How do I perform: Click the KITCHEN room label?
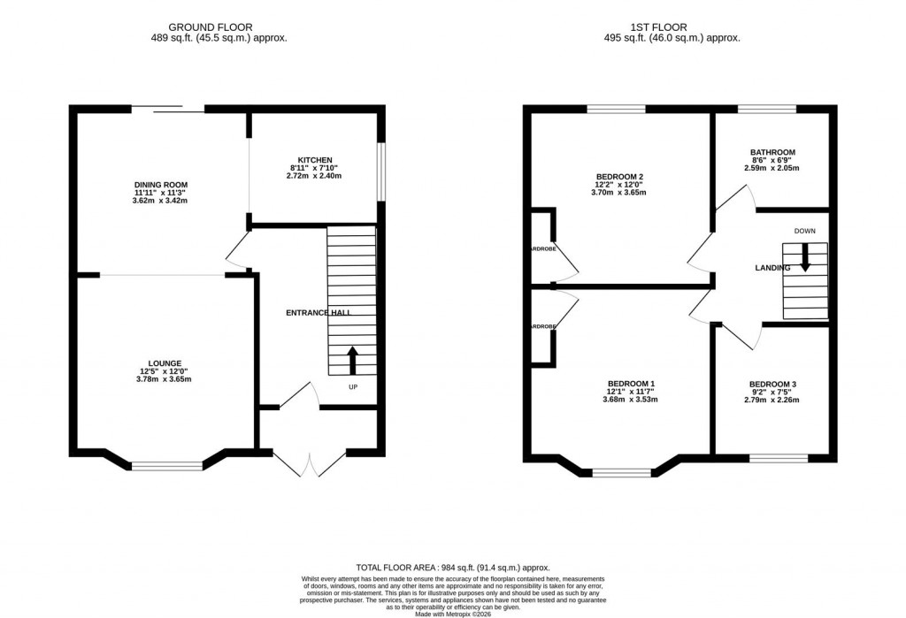point(315,158)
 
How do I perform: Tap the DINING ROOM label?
point(160,183)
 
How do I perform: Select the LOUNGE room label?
point(165,362)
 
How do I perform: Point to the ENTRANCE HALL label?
point(318,313)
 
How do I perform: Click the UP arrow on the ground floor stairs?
point(352,360)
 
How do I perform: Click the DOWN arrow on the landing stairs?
point(804,256)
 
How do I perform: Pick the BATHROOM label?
point(772,152)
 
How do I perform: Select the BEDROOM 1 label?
point(631,383)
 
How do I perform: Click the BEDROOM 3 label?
point(772,384)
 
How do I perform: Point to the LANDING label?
point(772,268)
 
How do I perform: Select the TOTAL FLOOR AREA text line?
point(452,568)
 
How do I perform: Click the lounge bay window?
point(167,465)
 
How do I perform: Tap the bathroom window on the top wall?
point(766,109)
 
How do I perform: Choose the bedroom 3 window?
point(778,457)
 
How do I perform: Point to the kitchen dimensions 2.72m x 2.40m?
point(315,176)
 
